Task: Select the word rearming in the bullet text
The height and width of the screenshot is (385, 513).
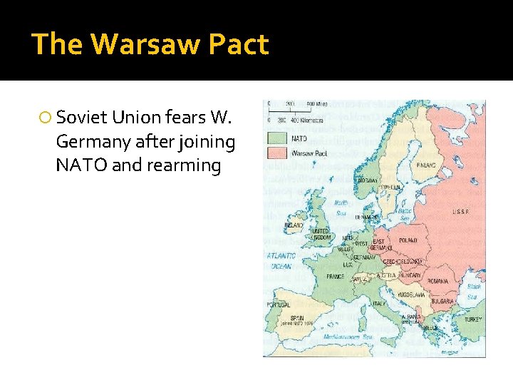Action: (188, 165)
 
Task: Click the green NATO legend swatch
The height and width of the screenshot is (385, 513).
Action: (276, 138)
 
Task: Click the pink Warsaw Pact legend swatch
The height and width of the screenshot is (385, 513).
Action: (276, 152)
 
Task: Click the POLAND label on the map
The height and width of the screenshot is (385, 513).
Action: (408, 241)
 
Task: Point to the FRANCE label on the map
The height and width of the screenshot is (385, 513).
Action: (336, 276)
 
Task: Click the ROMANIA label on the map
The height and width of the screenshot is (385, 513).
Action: (438, 281)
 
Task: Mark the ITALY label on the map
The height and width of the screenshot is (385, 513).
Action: (379, 303)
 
